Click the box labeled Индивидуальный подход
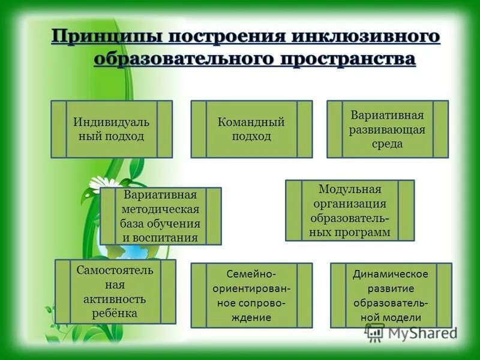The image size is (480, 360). click(112, 129)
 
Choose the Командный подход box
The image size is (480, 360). click(251, 129)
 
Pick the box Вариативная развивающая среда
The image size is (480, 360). click(387, 129)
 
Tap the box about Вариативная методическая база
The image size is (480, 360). click(160, 216)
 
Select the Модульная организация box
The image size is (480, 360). click(349, 211)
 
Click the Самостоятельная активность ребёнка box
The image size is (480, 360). click(115, 291)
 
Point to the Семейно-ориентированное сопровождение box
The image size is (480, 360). click(251, 295)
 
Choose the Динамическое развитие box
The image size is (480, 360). click(391, 295)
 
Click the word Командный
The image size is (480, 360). click(251, 122)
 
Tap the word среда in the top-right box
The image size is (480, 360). click(387, 144)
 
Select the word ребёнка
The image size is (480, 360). click(115, 313)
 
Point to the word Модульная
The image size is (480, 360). click(350, 190)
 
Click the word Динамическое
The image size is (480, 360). click(391, 274)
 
